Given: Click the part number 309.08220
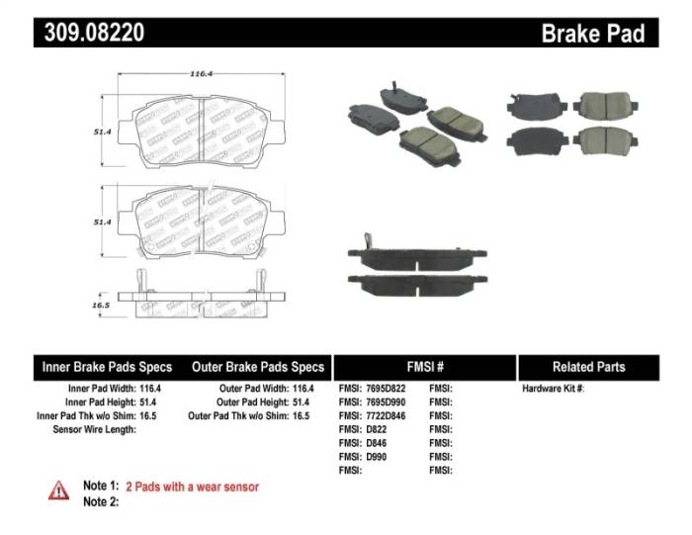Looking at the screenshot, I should (x=94, y=33).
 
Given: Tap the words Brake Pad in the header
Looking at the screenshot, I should (x=592, y=33).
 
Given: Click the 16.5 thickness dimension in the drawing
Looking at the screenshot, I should (x=100, y=306).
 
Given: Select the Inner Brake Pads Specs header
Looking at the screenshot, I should (x=107, y=367).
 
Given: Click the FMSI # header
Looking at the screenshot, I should (x=425, y=367).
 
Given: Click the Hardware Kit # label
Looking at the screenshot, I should (x=553, y=389).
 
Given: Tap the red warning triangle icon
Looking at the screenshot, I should (x=59, y=490).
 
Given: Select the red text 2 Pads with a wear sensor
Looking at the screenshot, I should (x=192, y=487).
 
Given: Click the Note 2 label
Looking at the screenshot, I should (x=101, y=501).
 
